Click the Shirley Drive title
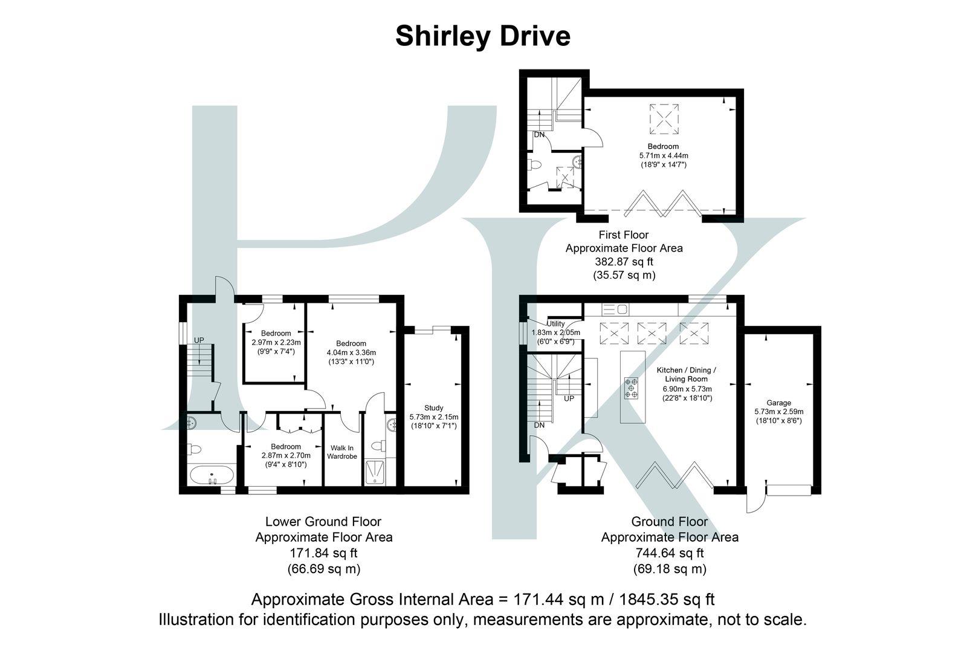coord(483,36)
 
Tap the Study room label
coord(433,407)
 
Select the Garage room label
coord(778,403)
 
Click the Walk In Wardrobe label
coord(342,452)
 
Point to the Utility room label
coord(555,324)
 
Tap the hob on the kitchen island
coord(632,387)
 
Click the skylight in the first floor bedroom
coord(664,118)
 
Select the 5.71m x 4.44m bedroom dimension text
coord(663,155)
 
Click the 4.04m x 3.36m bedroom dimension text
coord(351,352)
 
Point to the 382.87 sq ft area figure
coord(624,262)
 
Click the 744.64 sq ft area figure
coord(670,553)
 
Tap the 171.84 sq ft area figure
coord(324,553)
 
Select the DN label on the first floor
coord(539,135)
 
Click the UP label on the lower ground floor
coord(199,340)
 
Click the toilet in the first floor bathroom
coord(535,165)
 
